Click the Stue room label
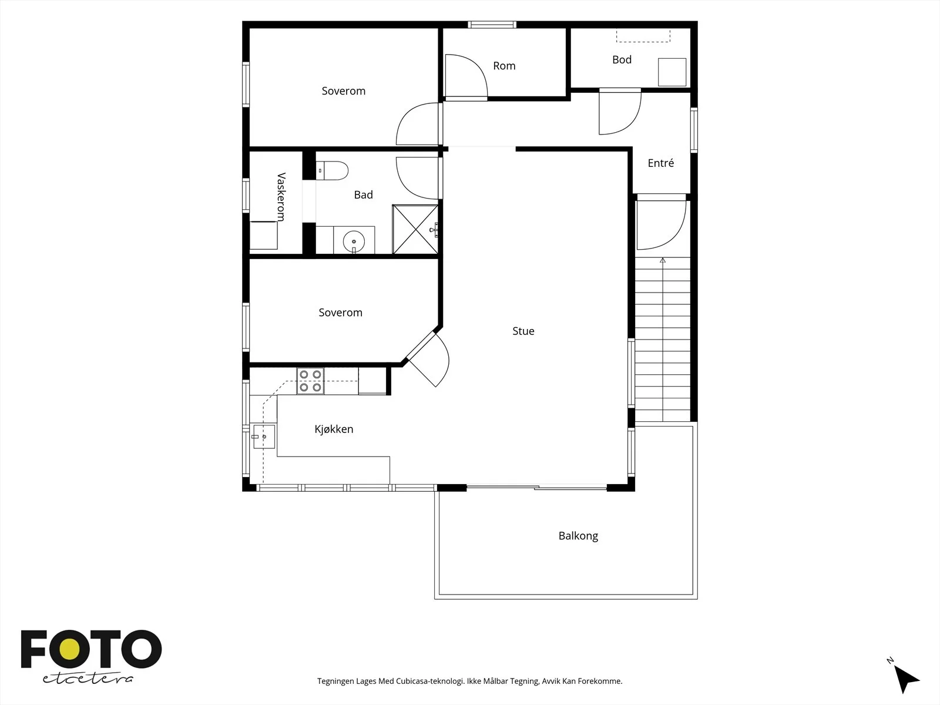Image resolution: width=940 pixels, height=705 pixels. (523, 331)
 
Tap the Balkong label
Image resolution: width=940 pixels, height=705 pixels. (578, 536)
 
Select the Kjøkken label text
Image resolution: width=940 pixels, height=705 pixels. (334, 429)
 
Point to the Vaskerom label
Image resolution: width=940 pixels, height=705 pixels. (281, 197)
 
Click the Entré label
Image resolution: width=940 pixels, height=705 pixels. (661, 163)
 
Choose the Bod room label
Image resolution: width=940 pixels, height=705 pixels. (622, 59)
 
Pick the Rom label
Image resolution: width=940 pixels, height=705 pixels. (504, 66)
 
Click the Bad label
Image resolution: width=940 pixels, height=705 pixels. (363, 195)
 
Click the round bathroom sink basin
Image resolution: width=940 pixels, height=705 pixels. (354, 241)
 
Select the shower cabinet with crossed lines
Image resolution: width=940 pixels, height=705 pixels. (415, 230)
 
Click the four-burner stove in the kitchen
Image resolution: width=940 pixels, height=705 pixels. (310, 381)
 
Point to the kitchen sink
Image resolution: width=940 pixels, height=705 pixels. (264, 436)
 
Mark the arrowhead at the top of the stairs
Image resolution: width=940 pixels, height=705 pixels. (663, 260)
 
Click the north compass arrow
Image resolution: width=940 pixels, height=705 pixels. (907, 679)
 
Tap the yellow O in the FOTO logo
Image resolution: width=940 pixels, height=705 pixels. (69, 650)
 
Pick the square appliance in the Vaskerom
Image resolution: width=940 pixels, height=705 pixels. (263, 236)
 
